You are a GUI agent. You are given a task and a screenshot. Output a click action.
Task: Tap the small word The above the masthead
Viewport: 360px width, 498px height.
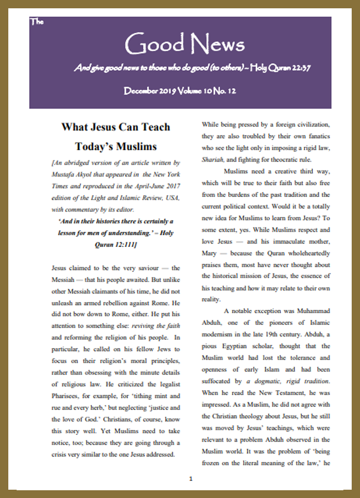[x=37, y=22]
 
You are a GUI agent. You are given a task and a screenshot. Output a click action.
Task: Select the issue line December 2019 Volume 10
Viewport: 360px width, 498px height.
[x=180, y=91]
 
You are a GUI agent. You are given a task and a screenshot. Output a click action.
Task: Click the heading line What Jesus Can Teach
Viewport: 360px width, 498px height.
[x=116, y=127]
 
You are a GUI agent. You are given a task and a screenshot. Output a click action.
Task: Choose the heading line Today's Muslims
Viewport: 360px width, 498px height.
[x=116, y=147]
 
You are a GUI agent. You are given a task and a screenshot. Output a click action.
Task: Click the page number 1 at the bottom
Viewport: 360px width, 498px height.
[x=191, y=478]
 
